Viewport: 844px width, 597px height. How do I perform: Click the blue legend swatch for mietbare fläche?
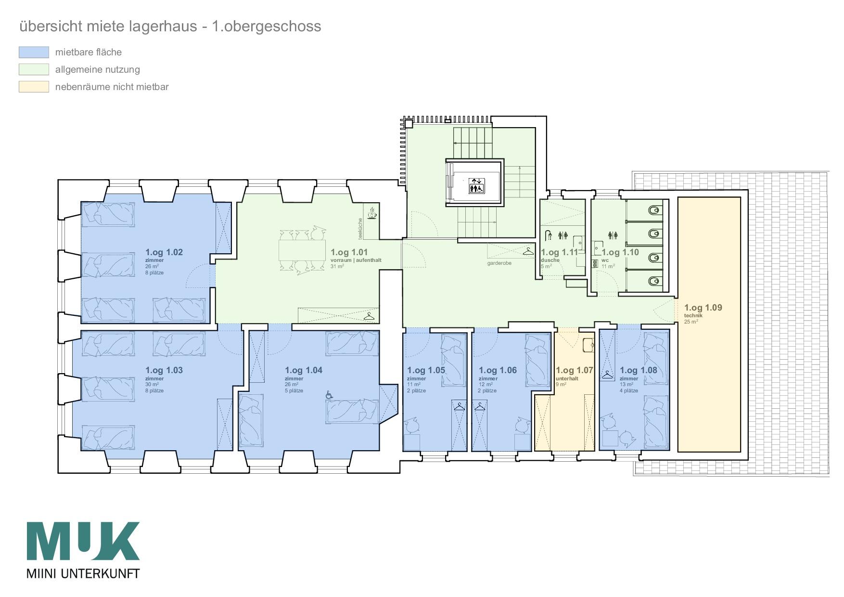34,52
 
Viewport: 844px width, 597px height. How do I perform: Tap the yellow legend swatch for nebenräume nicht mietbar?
34,87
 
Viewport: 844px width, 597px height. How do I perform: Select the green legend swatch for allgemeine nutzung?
34,69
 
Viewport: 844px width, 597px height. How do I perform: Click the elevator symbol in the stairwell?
477,186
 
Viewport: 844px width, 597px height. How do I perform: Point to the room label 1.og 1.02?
164,252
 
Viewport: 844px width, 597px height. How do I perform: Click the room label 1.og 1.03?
164,370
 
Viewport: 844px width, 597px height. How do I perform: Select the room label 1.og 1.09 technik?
703,311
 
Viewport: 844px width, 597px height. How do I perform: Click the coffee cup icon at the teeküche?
372,213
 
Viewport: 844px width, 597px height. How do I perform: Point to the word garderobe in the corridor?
499,263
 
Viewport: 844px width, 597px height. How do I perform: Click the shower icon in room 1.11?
548,236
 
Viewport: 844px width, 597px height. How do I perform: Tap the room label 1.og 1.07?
574,370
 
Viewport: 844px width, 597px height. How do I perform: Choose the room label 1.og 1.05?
426,370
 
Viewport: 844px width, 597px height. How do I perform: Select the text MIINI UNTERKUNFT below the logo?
83,573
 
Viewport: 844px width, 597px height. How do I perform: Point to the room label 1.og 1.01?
349,252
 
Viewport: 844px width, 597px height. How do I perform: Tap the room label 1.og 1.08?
638,370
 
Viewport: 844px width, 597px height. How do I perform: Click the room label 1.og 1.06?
498,370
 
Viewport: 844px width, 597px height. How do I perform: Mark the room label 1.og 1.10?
620,252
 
